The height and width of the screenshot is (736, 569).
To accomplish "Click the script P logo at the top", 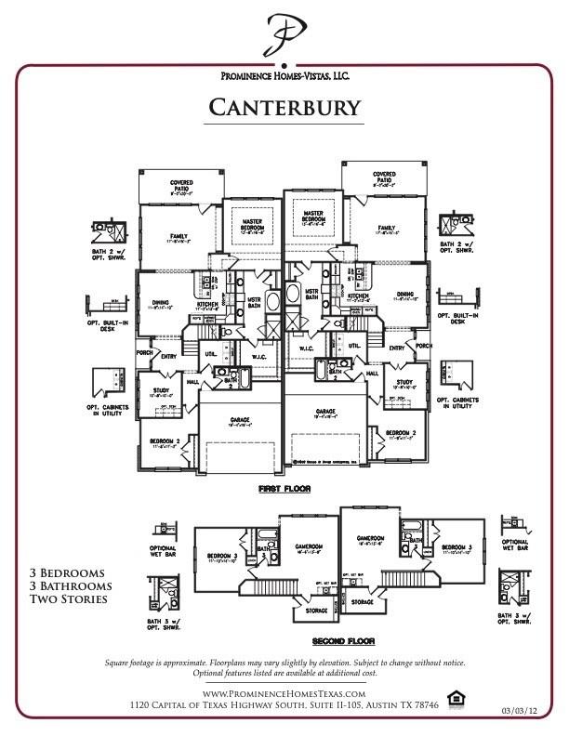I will coord(284,35).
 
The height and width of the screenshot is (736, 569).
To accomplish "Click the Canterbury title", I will coord(284,107).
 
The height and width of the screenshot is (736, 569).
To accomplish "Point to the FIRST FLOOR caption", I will coord(284,488).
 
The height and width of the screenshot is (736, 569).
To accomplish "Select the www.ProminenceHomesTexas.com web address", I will coord(284,694).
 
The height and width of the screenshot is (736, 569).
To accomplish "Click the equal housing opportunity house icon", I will coord(456,698).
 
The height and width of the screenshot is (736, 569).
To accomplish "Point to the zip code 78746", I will coord(421,706).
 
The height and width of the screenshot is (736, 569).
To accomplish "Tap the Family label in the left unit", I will coord(178,236).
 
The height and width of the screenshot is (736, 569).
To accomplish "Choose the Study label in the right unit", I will coord(404,382).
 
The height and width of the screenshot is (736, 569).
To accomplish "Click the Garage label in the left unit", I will coord(240,419).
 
